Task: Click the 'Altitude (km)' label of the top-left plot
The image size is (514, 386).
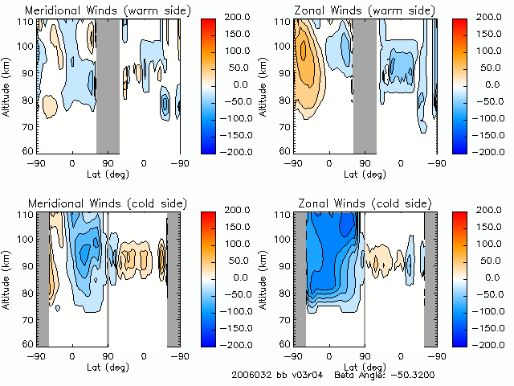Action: pos(6,84)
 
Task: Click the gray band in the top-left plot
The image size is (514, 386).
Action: pos(108,84)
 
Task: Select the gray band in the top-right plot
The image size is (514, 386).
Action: pos(365,84)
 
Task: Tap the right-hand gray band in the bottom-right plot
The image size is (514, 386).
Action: pos(430,277)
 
